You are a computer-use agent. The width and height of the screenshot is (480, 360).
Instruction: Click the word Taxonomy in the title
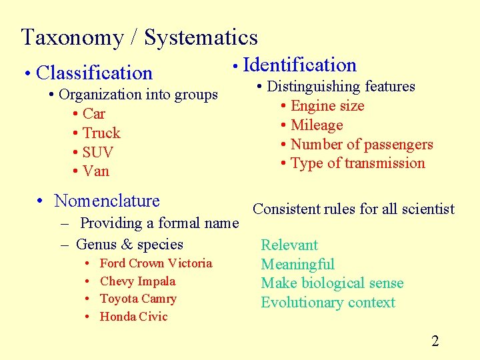coord(73,37)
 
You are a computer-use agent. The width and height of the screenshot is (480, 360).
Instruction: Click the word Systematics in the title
coord(201,37)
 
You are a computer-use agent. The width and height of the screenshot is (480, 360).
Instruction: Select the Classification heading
coord(95,73)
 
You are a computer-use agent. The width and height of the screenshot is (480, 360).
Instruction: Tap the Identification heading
coord(300,65)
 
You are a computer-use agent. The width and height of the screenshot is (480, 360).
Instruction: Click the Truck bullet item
coord(101,133)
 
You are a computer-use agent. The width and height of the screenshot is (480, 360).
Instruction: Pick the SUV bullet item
coord(97,152)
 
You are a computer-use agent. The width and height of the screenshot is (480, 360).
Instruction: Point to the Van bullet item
coord(96,171)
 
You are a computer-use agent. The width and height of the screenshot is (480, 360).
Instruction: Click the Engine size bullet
coord(327,106)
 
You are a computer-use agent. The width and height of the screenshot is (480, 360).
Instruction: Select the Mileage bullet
coord(317,125)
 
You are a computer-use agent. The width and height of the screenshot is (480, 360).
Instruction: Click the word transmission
coord(388,163)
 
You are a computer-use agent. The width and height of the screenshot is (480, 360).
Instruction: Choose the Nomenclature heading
coord(107,201)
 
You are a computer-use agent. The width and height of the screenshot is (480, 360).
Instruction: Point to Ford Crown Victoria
coord(155,263)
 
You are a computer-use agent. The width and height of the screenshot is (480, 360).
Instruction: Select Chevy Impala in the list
coord(137,281)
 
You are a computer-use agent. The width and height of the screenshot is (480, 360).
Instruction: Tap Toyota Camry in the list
coord(138,299)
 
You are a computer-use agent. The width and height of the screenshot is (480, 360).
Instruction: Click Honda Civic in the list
coord(133,317)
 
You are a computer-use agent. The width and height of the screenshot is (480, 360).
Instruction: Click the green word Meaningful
coord(297,265)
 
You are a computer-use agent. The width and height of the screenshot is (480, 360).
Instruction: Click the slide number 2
coord(435,341)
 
